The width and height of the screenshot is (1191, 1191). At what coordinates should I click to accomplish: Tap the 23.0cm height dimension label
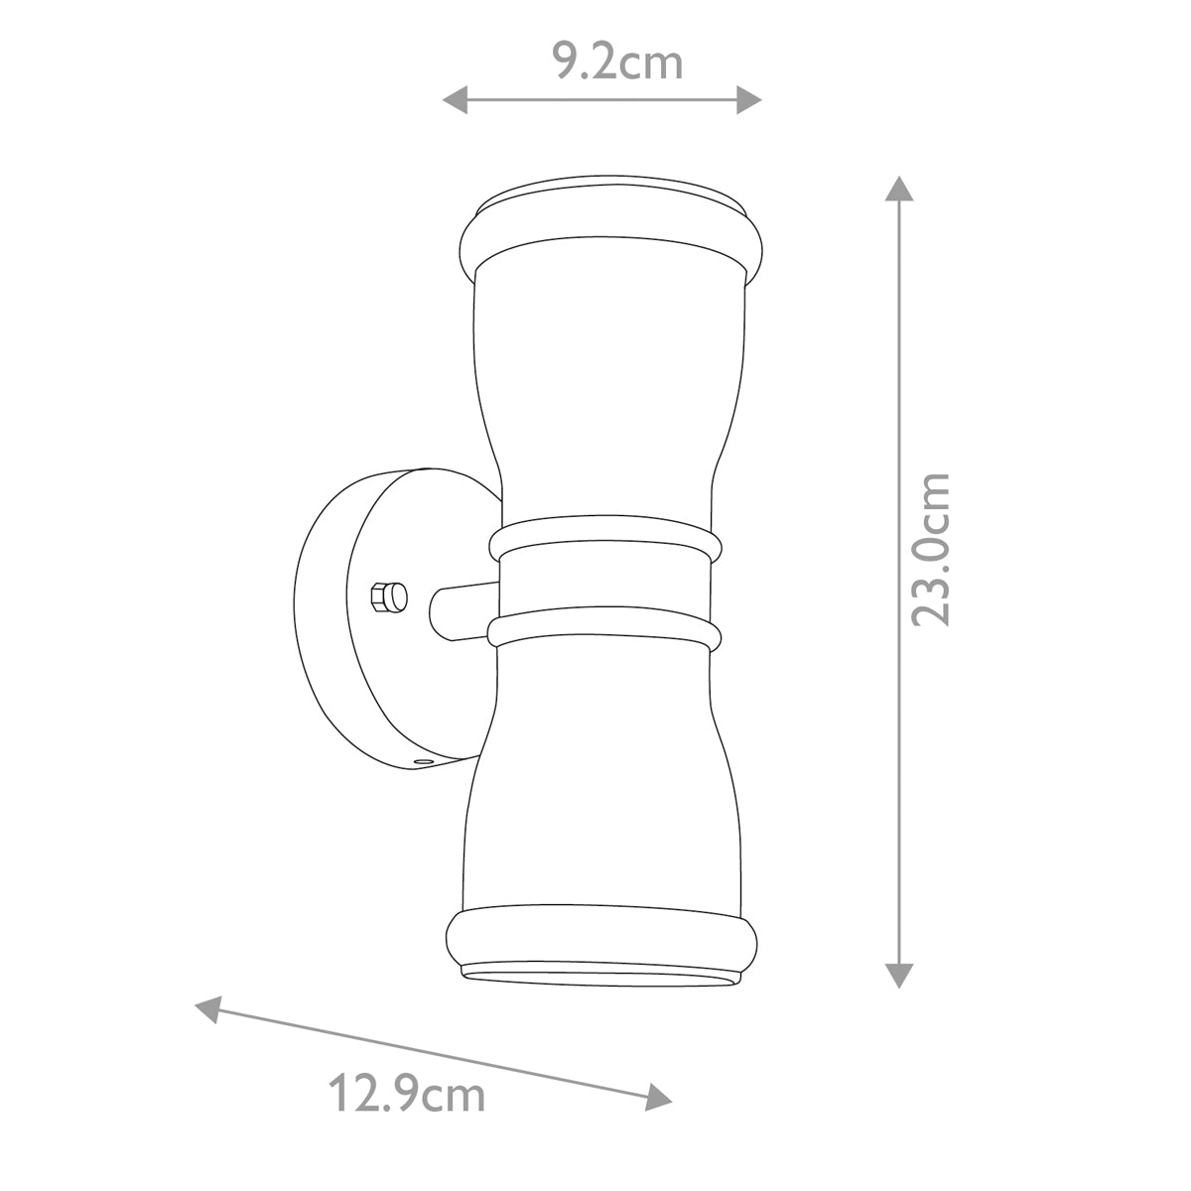(930, 549)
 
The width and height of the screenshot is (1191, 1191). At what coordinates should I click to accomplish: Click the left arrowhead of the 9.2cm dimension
(455, 99)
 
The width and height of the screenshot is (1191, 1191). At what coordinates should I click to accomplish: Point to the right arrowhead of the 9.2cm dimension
(749, 99)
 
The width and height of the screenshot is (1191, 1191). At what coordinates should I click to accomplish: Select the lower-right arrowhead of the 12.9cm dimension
(658, 1097)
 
